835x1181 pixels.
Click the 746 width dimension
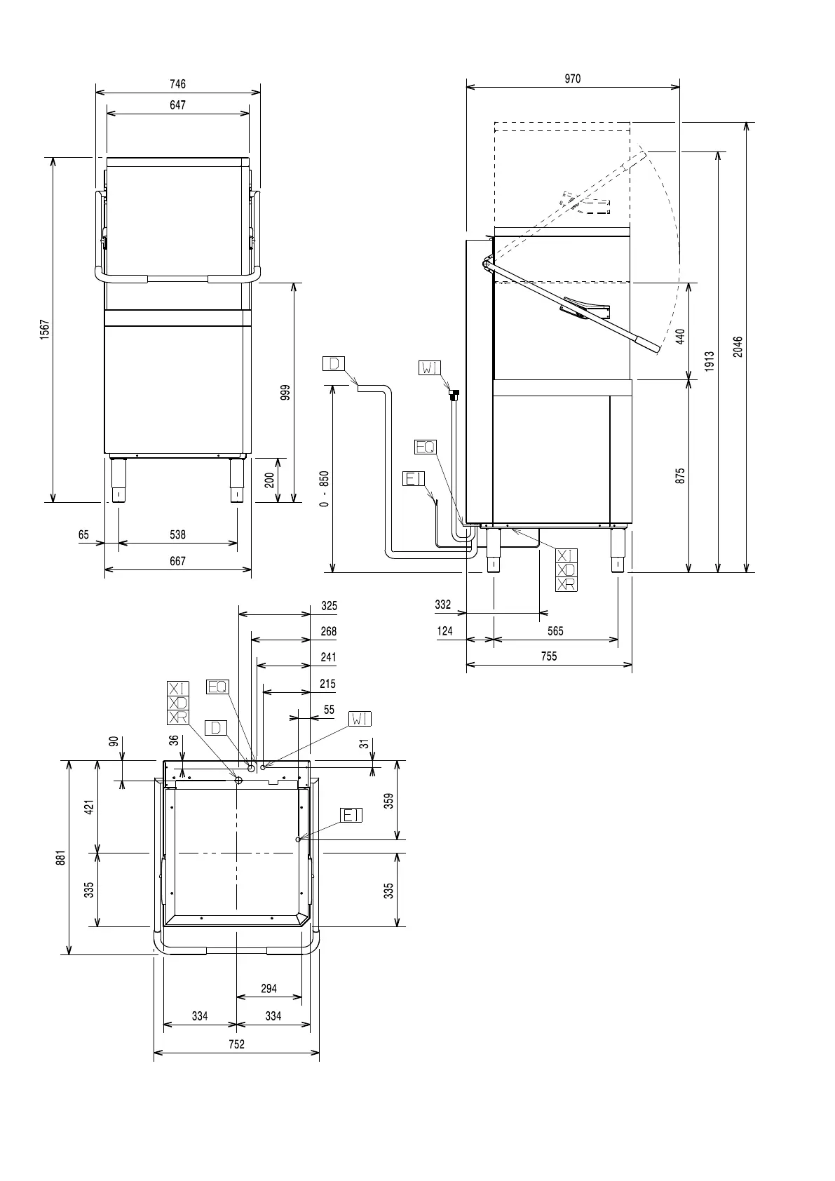pos(178,84)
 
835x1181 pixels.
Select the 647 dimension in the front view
pos(178,105)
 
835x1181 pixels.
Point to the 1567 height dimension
pos(45,330)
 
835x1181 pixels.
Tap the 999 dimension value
pos(285,392)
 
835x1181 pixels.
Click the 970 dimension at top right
pos(573,79)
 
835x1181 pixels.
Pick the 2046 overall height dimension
pos(738,347)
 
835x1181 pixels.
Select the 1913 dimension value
pos(710,361)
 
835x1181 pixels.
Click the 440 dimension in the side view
pos(681,336)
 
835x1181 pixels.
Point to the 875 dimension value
pos(681,476)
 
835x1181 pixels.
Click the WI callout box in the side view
pos(430,367)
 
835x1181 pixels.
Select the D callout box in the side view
pos(334,363)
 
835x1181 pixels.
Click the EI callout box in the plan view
pos(351,815)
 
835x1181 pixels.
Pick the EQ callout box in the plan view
pos(217,687)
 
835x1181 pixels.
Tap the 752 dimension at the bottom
pos(237,1044)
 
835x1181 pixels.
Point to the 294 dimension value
pos(269,989)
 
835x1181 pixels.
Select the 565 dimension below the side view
pos(555,631)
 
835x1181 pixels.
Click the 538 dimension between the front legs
pos(178,535)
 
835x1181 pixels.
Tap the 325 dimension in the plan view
pos(329,606)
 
